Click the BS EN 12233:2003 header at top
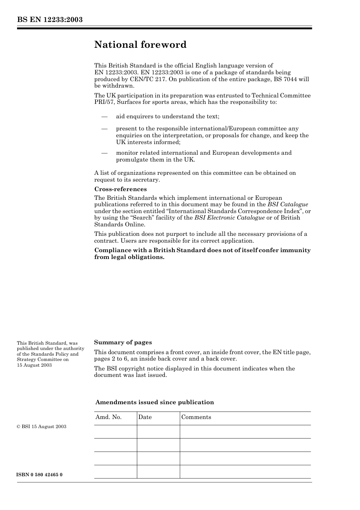50,20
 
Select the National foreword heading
140,45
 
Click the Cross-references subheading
120,189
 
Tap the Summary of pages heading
123,342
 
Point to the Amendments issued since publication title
154,402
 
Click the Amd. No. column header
108,417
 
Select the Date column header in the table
145,417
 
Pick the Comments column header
196,417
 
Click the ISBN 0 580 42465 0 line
39,475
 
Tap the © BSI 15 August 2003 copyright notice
41,427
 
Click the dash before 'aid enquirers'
105,116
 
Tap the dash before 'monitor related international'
105,153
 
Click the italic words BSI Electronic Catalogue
229,218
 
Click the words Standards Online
119,224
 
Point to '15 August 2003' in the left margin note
34,365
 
